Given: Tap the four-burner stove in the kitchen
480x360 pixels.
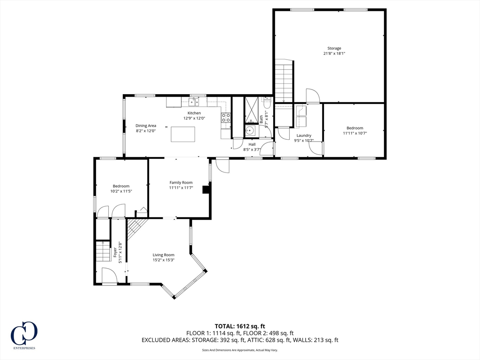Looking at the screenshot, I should [x=226, y=118].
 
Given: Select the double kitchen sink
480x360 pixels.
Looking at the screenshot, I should [x=194, y=102].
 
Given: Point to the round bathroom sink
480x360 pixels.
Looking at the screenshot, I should [x=250, y=131].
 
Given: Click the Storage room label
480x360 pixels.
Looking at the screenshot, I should [x=334, y=48].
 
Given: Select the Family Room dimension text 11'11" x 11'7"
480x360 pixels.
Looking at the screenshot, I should [x=181, y=187].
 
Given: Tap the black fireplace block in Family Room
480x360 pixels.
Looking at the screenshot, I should [x=205, y=189].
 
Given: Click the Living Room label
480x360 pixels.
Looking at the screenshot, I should [x=163, y=255].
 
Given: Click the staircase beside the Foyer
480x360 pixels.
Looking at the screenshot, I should [x=102, y=252].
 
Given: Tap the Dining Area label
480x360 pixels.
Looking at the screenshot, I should [x=146, y=126].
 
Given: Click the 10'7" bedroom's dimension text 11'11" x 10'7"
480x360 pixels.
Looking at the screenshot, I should [x=355, y=133].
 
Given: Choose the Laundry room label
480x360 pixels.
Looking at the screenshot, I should [x=304, y=135].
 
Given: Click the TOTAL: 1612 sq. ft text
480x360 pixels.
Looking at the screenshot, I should [x=240, y=326].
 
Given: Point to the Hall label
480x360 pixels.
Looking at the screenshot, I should [x=252, y=144].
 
